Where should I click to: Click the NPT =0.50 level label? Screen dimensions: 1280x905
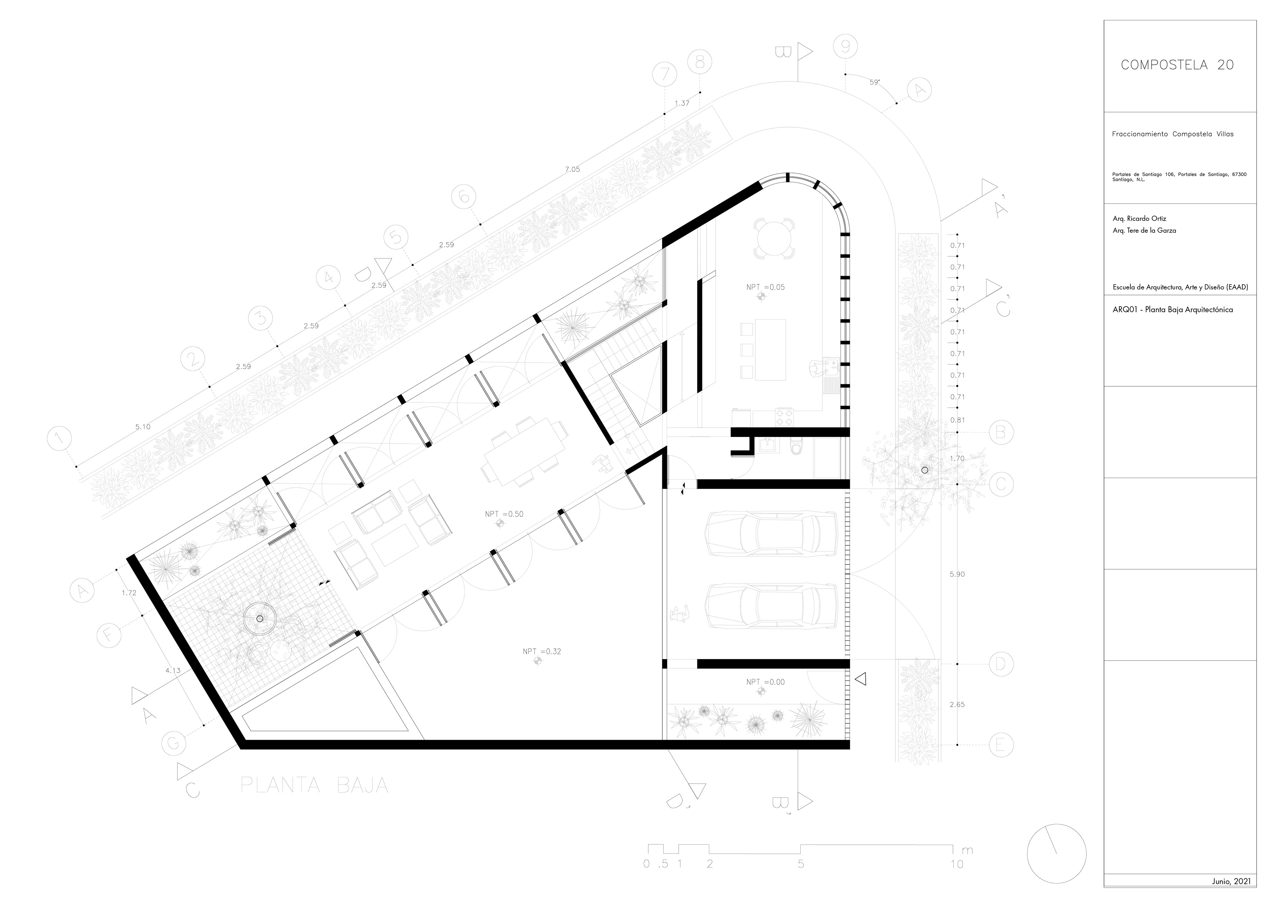pyautogui.click(x=504, y=514)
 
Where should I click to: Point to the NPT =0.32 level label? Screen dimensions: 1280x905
pyautogui.click(x=541, y=651)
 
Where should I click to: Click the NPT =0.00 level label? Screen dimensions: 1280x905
pyautogui.click(x=765, y=682)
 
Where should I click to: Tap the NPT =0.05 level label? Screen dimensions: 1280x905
pyautogui.click(x=765, y=287)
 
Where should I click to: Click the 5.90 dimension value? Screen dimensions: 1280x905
pyautogui.click(x=957, y=574)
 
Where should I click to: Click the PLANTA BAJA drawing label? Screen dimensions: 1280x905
pyautogui.click(x=314, y=785)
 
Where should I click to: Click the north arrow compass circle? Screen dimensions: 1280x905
pyautogui.click(x=1056, y=854)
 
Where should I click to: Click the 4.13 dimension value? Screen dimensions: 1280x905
pyautogui.click(x=173, y=671)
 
